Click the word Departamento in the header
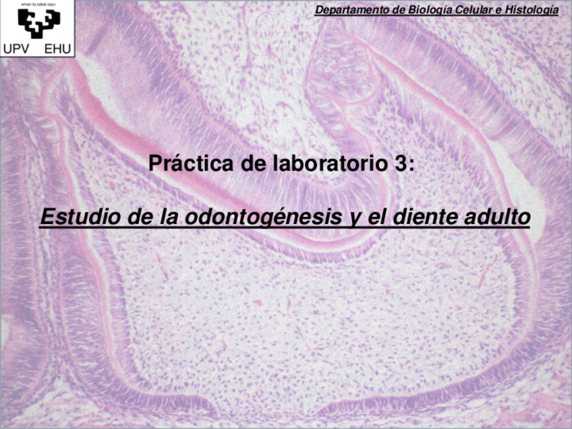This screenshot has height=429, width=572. (x=349, y=9)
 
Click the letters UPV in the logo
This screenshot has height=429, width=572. (x=16, y=49)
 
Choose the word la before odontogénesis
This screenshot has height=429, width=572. (x=160, y=219)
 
